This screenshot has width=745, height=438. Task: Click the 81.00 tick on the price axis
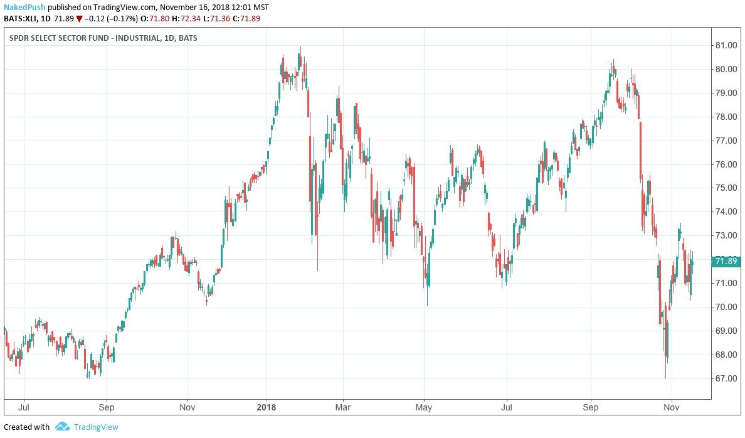[726, 45]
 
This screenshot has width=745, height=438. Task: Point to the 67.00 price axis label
[726, 378]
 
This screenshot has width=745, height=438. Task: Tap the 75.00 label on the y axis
[726, 188]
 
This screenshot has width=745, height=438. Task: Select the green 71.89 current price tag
[725, 261]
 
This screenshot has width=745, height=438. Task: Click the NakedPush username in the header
[24, 8]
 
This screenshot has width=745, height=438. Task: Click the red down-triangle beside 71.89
[79, 19]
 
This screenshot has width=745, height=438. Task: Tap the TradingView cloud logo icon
[62, 427]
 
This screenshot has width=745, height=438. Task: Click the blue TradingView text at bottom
[96, 427]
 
